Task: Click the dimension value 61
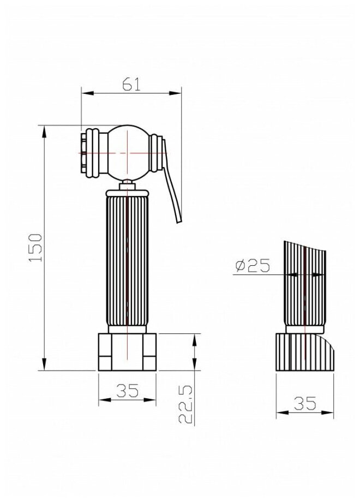pos(131,85)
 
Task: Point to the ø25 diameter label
pos(253,265)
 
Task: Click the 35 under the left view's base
pos(127,390)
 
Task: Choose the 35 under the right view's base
pos(305,403)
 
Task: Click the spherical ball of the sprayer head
pos(128,153)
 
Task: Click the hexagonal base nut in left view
pos(127,352)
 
